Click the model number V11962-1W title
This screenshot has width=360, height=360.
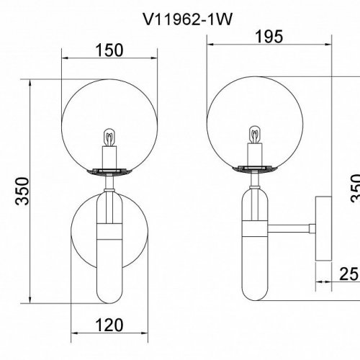coord(188,19)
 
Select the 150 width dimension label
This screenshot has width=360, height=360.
coord(109,50)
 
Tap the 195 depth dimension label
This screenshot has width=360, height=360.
coord(269,37)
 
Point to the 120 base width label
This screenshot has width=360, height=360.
coord(109,325)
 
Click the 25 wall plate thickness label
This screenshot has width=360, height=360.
coord(348,274)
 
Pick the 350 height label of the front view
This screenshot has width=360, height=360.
coord(22,191)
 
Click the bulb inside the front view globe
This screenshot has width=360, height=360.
coord(109,138)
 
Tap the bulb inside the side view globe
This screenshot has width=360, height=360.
coord(255,135)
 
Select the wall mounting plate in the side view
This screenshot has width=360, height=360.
coord(323,228)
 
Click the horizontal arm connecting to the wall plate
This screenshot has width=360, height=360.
coord(289,228)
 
